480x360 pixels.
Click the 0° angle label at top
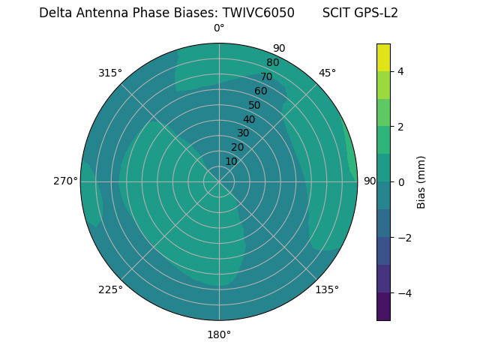coord(219,28)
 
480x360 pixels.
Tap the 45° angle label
coord(327,73)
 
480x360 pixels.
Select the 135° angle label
coord(327,289)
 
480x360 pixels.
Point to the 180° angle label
coord(219,334)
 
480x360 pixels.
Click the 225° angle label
coord(110,289)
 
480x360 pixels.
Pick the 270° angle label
coord(65,181)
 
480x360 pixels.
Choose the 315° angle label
coord(110,73)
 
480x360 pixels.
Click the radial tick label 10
coord(231,161)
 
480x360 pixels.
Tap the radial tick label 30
coord(243,133)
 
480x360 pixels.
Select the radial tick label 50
coord(255,106)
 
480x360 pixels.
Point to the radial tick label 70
coord(266,77)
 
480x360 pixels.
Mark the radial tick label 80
coord(272,63)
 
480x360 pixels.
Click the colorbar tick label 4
coord(400,71)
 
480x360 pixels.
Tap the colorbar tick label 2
coord(400,127)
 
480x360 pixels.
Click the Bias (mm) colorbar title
coord(421,181)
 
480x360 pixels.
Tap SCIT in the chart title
coord(337,13)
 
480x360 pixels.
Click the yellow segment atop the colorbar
coord(383,57)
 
